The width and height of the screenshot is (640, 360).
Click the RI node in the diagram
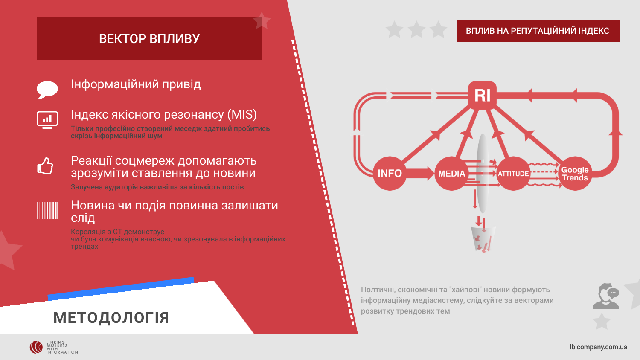point(482,95)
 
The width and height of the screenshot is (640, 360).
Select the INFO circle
point(390,173)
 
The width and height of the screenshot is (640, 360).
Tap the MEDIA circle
point(451,173)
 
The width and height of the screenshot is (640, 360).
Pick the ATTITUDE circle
point(513,173)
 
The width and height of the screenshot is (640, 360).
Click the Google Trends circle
point(575,173)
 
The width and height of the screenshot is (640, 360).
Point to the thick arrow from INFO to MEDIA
point(420,173)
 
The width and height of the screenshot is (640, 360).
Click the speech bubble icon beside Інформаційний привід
point(47,90)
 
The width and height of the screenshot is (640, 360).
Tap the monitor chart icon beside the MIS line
point(47,120)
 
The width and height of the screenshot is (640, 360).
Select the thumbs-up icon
point(45,166)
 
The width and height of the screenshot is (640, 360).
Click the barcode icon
point(47,211)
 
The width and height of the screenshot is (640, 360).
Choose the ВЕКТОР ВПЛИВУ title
point(149,38)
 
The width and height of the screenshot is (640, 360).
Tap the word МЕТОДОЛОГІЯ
point(111,318)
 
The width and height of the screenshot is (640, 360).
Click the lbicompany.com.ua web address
point(598,347)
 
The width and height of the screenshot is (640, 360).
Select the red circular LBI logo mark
point(36,347)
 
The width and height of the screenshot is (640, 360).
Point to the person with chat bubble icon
point(606,296)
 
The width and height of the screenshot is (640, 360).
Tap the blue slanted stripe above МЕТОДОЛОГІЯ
point(121,289)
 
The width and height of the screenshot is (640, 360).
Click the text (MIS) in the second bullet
point(242,115)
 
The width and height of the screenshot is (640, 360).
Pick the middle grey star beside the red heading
point(416,30)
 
